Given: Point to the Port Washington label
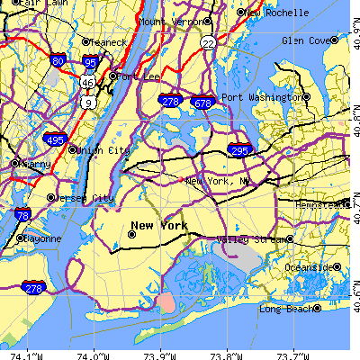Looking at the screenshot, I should [260, 97].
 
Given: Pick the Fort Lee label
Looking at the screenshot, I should [139, 77].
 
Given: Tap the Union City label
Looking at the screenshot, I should [105, 150].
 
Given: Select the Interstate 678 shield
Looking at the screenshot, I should [204, 103].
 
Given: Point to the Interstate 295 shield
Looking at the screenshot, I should [238, 150].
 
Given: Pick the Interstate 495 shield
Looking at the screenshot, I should [53, 139].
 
